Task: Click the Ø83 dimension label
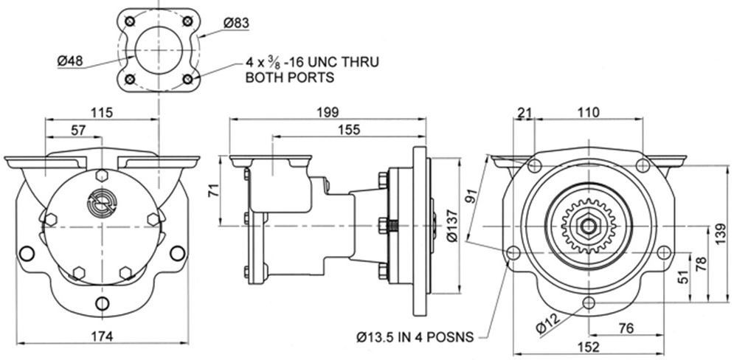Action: (235, 23)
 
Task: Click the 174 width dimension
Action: (102, 336)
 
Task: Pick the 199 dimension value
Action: (327, 113)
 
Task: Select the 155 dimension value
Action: (350, 131)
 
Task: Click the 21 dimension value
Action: (525, 113)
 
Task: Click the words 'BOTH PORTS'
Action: (290, 77)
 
